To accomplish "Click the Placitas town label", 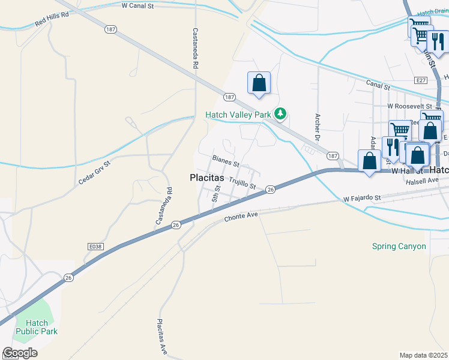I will coord(206,178).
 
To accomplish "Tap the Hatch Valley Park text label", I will coord(239,115).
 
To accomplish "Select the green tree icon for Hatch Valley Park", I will coord(280,113).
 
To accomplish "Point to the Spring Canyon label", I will coord(399,247).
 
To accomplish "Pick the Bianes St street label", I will coord(226,161).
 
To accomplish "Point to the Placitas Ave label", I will coord(162,335).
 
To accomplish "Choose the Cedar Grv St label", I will coord(95,172).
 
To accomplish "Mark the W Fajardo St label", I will coord(363,197).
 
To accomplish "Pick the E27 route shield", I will coord(420,80).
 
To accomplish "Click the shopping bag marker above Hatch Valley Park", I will coord(259,83).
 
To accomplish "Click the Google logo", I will coord(20,353).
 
